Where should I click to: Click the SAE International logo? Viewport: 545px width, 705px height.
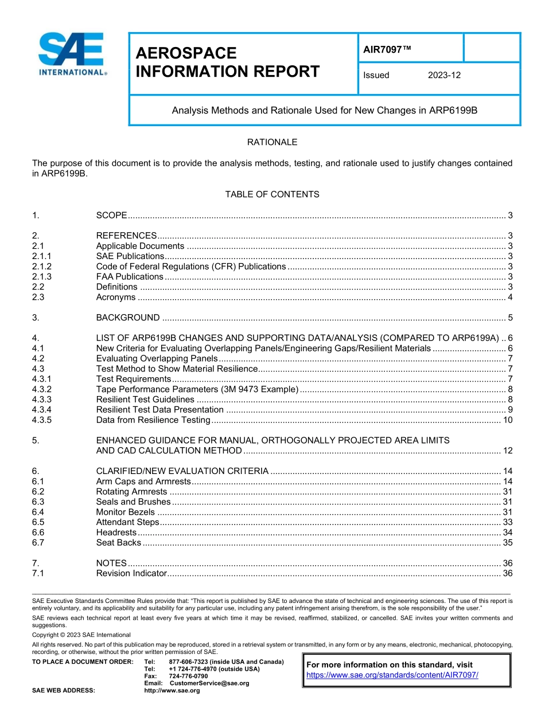(72, 55)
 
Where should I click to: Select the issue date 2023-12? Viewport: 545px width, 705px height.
(444, 75)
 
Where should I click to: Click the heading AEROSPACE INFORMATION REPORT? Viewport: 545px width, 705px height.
(227, 62)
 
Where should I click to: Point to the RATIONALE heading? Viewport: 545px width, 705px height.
(272, 142)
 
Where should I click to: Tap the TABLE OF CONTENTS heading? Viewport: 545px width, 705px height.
(272, 194)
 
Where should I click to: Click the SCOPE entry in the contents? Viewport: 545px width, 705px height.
(111, 216)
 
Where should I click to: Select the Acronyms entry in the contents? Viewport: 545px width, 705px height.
(116, 297)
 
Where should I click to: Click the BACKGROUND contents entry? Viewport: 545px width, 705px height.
(128, 318)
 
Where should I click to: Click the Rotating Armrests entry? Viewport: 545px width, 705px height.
(131, 492)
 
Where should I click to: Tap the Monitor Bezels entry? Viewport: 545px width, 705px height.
(125, 512)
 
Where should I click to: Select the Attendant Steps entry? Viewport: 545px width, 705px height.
(127, 522)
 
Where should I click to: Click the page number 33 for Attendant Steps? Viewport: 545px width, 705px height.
(507, 522)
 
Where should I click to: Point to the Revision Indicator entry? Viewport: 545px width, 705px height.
(131, 573)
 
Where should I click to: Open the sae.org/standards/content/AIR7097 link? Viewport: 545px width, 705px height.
(392, 675)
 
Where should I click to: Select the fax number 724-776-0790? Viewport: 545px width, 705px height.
(188, 676)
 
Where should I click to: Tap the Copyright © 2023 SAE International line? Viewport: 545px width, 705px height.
(81, 635)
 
